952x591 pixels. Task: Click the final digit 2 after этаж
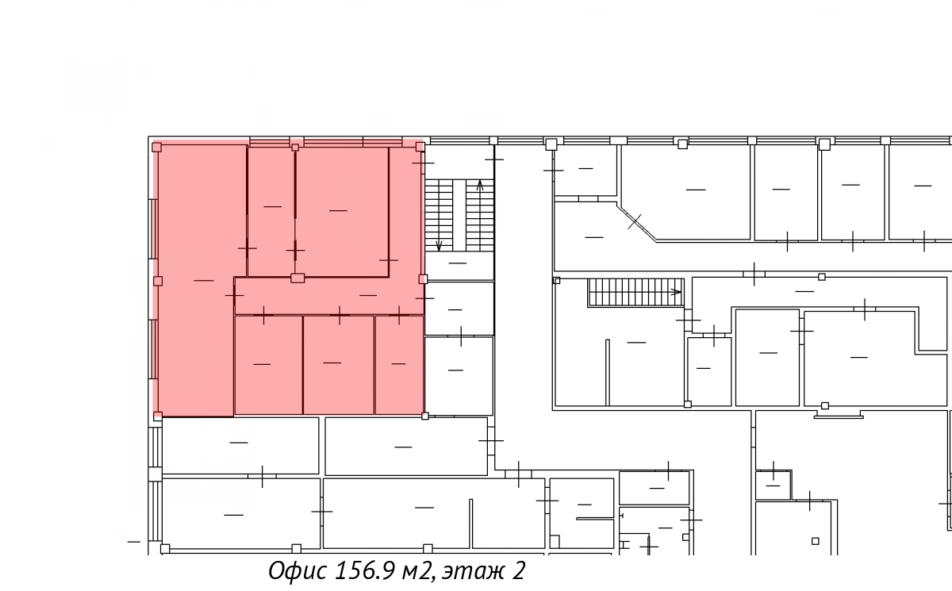(x=518, y=570)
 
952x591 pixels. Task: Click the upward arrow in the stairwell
(x=480, y=186)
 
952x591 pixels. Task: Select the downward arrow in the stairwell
(x=439, y=245)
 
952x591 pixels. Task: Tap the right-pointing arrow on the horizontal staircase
(x=676, y=292)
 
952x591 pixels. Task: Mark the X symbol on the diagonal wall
(x=635, y=221)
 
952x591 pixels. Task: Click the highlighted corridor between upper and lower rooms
(x=328, y=296)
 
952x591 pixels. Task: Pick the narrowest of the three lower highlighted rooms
(x=399, y=365)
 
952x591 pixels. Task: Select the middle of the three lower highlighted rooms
(x=338, y=365)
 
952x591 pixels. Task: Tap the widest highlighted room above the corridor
(x=342, y=212)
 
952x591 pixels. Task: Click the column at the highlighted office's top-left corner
(x=157, y=148)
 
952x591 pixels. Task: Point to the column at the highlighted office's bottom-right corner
(x=425, y=416)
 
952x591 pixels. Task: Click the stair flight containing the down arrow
(x=439, y=216)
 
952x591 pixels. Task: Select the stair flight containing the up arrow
(x=480, y=216)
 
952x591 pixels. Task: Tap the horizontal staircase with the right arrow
(x=635, y=292)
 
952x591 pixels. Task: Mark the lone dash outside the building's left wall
(x=134, y=542)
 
